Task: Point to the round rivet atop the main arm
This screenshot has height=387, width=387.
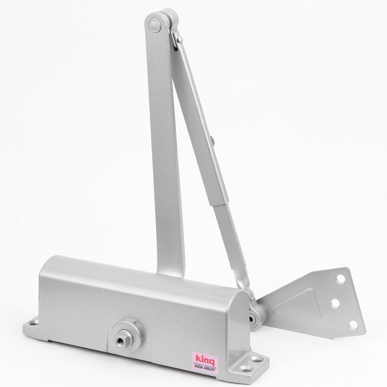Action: (155, 25)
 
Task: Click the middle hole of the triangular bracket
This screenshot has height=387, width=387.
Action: (335, 303)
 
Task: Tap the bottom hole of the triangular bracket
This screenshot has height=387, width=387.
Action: (353, 325)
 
